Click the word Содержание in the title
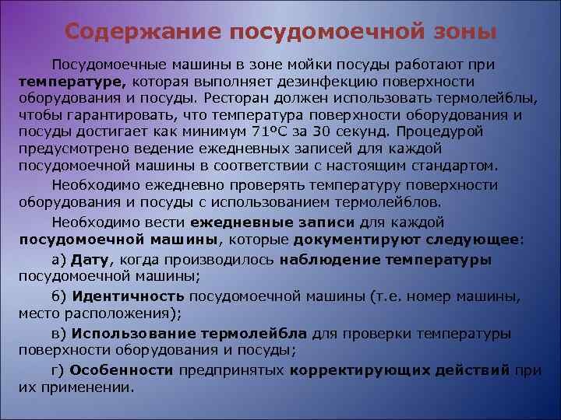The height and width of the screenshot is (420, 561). click(x=126, y=32)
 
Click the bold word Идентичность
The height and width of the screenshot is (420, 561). click(x=128, y=296)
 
